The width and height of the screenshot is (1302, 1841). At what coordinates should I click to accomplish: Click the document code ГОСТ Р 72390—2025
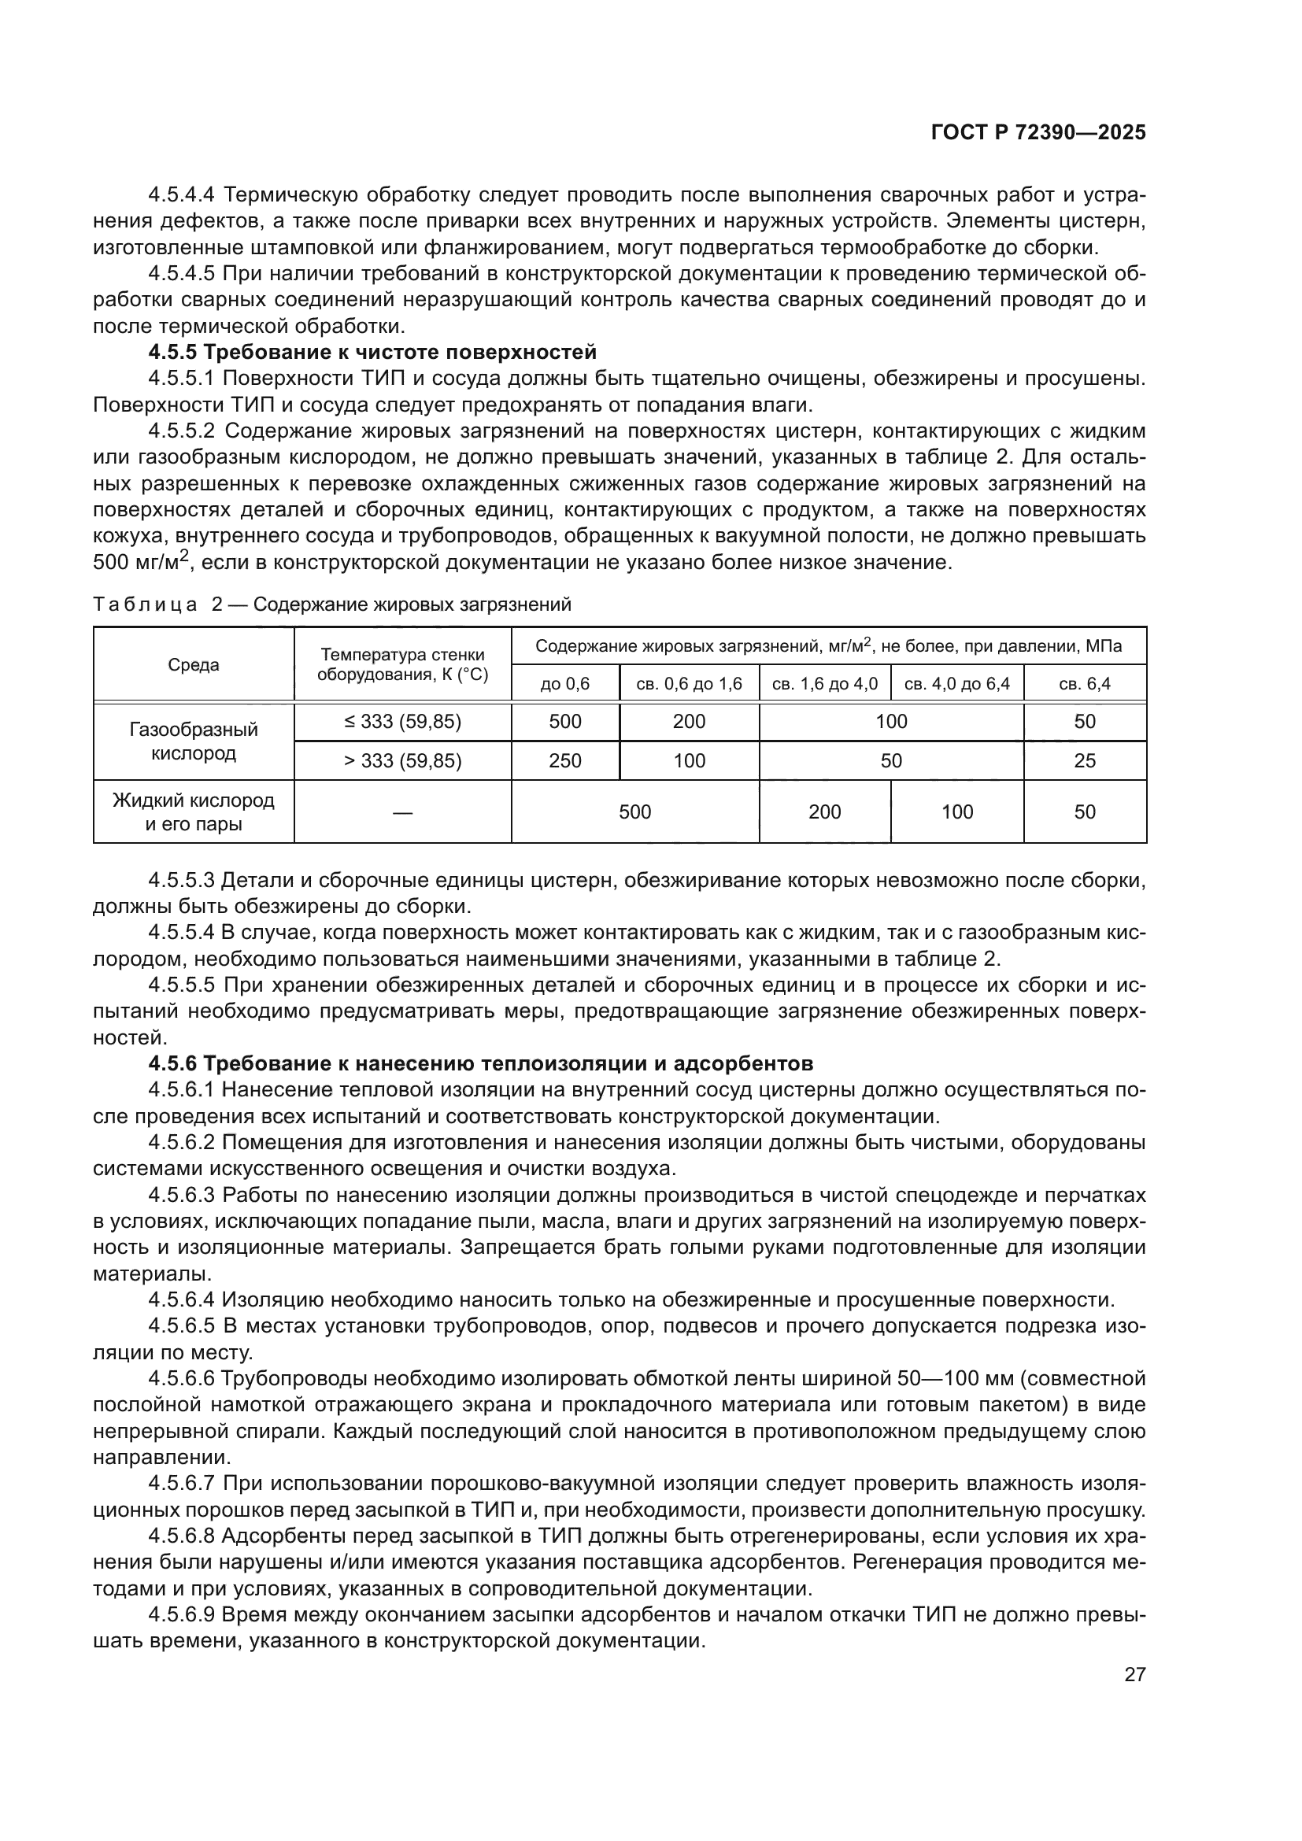click(x=1038, y=133)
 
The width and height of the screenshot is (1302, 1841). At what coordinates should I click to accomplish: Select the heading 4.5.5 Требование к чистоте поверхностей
click(x=372, y=352)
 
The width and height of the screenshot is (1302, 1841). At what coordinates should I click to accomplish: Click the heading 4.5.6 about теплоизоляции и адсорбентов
click(x=480, y=1064)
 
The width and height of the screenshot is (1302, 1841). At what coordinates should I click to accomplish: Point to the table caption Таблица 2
click(x=332, y=604)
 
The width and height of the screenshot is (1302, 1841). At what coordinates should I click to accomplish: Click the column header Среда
click(x=193, y=665)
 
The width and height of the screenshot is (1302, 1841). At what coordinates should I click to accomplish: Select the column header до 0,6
click(x=565, y=684)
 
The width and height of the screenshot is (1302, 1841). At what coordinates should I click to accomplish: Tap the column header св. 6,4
click(x=1084, y=684)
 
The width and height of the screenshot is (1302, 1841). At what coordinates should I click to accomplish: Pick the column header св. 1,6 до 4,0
click(x=824, y=684)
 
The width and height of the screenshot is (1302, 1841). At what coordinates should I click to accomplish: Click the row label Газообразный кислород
click(x=193, y=741)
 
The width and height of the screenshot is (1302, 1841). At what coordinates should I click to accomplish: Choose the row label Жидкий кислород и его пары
click(x=193, y=812)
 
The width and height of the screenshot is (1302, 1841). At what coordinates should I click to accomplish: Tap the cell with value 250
click(x=565, y=761)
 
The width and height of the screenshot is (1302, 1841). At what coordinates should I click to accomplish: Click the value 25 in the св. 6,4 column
click(x=1084, y=761)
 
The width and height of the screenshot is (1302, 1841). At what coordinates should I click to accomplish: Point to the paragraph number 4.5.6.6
click(x=182, y=1379)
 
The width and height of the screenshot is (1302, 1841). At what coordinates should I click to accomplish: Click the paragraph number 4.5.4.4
click(x=182, y=195)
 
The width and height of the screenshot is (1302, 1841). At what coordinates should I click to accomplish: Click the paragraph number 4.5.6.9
click(x=182, y=1615)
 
